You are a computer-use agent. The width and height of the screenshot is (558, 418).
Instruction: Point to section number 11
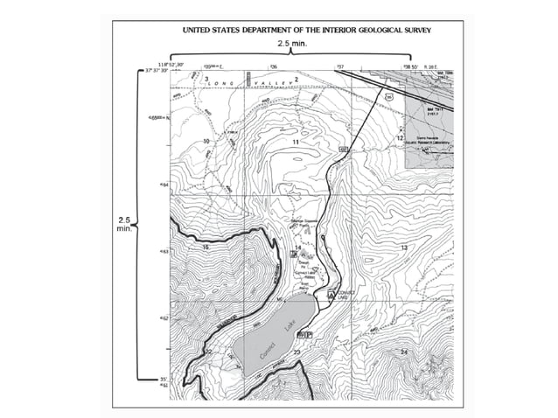tap(296, 142)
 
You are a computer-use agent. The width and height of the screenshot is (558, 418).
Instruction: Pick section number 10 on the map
tap(206, 141)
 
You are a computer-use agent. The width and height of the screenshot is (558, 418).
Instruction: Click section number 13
tap(404, 249)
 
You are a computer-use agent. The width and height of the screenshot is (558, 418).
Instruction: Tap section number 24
tap(403, 352)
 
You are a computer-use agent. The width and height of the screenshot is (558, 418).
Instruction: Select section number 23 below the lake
tap(297, 352)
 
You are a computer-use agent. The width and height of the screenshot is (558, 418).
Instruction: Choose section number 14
tap(297, 248)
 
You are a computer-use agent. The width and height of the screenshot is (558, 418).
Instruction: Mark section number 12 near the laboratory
tap(400, 138)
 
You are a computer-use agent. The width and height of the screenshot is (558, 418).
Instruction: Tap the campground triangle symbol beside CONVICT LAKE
tap(331, 295)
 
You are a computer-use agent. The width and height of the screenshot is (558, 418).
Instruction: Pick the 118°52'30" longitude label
tap(171, 64)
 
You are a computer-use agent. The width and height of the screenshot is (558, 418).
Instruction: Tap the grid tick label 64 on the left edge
tap(163, 185)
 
